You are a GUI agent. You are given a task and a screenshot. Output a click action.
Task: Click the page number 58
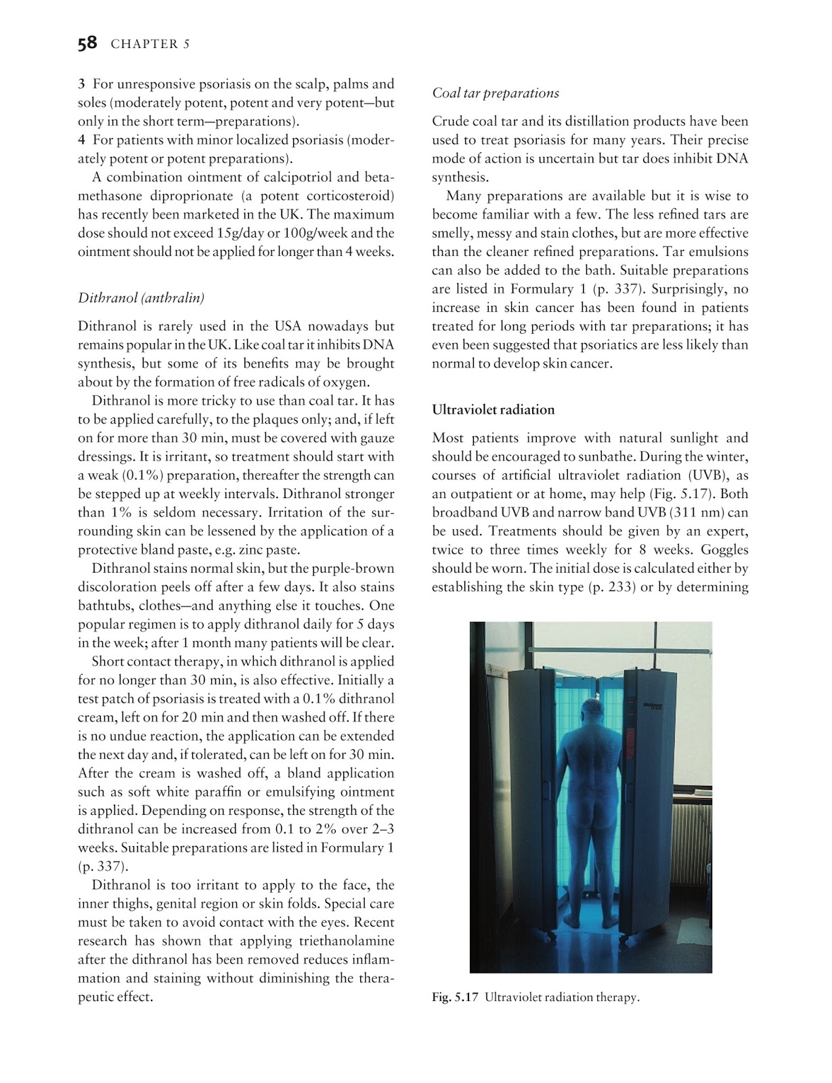coord(87,44)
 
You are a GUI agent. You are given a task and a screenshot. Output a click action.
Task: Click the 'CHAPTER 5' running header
coord(150,45)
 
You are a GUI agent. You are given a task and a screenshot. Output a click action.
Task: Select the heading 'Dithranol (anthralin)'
coord(141,298)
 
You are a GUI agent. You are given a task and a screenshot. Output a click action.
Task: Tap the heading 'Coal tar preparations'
coord(496,93)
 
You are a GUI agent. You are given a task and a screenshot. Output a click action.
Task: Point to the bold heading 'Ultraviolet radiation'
coord(493,410)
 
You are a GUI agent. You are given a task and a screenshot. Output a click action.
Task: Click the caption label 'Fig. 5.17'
coord(456,997)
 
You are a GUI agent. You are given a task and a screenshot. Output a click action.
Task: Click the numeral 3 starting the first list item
coord(81,85)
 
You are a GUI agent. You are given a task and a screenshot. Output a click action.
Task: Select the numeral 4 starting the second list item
coord(81,140)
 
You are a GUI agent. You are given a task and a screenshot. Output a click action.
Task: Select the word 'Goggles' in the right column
coord(725,550)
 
